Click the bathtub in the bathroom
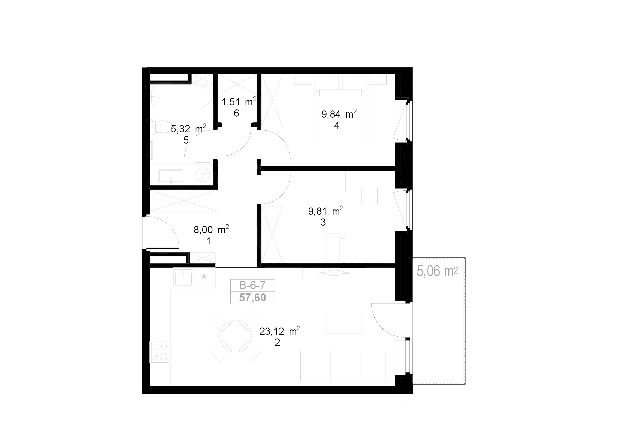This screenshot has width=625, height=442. click(x=181, y=97)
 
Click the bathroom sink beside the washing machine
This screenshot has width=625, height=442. click(x=171, y=176)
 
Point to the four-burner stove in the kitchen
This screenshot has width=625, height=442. click(x=160, y=352)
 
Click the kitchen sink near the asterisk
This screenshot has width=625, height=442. click(x=184, y=278)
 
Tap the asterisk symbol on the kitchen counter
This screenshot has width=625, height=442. click(x=204, y=277)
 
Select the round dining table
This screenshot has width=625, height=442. click(x=236, y=336)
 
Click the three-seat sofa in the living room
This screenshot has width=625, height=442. click(x=346, y=366)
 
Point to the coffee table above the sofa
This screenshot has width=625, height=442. click(x=344, y=322)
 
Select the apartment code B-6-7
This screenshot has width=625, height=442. click(x=252, y=285)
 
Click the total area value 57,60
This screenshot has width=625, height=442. click(x=253, y=298)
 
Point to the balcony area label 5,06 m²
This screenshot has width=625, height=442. click(x=437, y=271)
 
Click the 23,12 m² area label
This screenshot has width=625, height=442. click(x=280, y=331)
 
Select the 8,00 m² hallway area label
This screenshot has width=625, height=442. click(x=211, y=229)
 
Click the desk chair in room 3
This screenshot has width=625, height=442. click(x=369, y=195)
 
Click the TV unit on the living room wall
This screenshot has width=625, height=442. click(x=334, y=273)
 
